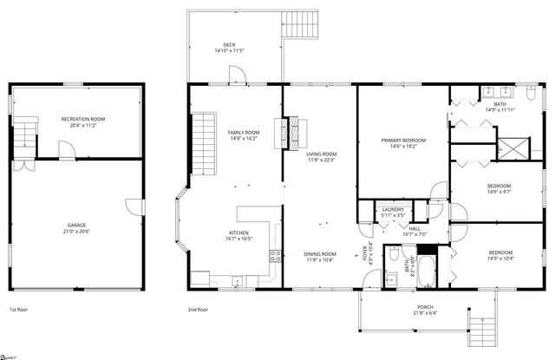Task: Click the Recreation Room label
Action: [x=83, y=118]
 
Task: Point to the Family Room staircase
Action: [x=202, y=142]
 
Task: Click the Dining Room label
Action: [x=320, y=254]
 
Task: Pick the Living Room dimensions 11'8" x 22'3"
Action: [x=320, y=160]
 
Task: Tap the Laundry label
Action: [x=391, y=209]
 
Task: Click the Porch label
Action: [x=425, y=306]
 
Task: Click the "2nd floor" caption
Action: [x=199, y=310]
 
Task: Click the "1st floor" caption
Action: [x=19, y=310]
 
